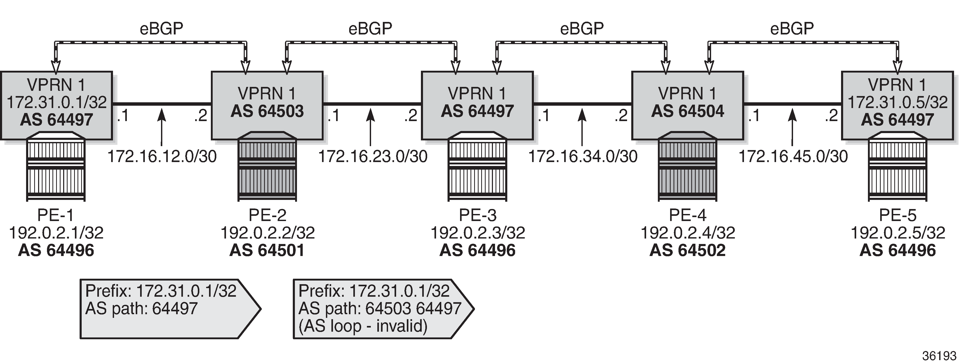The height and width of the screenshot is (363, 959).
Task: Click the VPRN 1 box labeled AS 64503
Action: coord(267,105)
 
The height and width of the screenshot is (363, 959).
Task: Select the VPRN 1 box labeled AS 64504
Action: coord(688,105)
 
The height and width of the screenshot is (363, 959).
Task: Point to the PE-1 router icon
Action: coord(56,166)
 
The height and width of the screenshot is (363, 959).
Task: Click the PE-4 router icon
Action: coord(687,166)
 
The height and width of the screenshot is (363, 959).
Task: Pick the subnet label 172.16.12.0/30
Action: coord(162,156)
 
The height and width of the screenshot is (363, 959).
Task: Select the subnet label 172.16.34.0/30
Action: coord(583,156)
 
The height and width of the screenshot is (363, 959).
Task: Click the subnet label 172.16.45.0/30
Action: coord(793,156)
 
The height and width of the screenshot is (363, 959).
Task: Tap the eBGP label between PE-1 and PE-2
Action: coord(161,28)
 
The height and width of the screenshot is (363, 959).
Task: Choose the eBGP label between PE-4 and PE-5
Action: coord(792,28)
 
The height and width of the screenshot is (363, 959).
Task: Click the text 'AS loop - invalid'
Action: coord(363,326)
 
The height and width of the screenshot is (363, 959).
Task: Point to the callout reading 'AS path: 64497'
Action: coord(170,309)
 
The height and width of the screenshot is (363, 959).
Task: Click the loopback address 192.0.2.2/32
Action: coord(268,233)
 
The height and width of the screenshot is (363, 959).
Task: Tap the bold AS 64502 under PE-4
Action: coord(688,250)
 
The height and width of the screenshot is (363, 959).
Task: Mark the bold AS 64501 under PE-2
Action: coord(267,250)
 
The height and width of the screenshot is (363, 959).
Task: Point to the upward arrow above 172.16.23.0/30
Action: coord(370,127)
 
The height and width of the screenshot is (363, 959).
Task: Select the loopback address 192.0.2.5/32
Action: coord(898,233)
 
